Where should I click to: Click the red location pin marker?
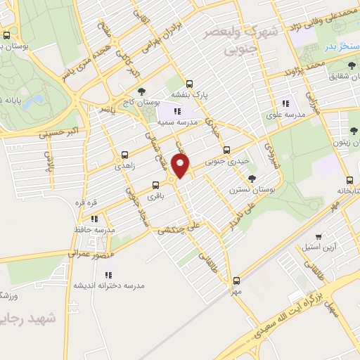(x=181, y=166)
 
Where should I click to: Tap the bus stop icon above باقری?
(x=155, y=186)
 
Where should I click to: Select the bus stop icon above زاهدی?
(x=125, y=154)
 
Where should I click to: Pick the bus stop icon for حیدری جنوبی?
(x=226, y=150)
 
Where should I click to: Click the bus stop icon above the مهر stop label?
(x=236, y=281)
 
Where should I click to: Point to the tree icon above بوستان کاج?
(x=142, y=91)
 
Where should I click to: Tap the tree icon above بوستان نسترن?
(x=252, y=178)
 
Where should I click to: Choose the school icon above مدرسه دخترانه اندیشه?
(x=114, y=275)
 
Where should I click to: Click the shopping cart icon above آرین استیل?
(x=320, y=236)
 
